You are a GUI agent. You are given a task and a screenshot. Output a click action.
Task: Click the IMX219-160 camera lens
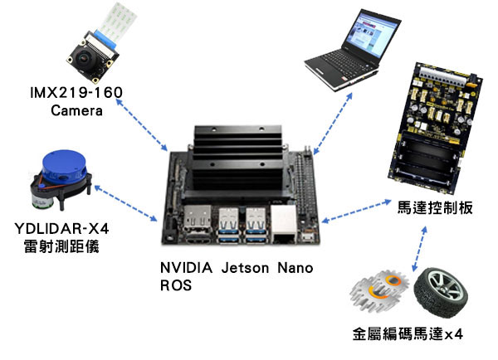tap(84, 57)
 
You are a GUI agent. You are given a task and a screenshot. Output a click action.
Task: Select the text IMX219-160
tap(76, 92)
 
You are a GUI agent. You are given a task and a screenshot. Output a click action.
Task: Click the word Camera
tap(76, 110)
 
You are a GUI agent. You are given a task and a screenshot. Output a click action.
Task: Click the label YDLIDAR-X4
tap(61, 228)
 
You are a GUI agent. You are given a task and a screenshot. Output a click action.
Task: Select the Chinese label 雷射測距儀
tap(61, 246)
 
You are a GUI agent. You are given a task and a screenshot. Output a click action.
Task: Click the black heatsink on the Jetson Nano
tap(238, 158)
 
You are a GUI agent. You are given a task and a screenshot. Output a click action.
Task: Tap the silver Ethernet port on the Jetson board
tap(283, 223)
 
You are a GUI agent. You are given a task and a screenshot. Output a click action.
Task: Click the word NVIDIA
tap(186, 268)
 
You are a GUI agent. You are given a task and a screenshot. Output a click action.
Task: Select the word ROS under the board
tap(176, 285)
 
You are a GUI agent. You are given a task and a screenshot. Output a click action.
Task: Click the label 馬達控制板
tap(435, 208)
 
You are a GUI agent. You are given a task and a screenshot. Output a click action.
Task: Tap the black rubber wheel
tap(441, 292)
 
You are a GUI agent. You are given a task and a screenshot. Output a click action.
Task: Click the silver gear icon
tap(378, 291)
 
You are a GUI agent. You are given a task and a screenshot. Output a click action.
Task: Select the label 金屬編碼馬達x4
tap(408, 334)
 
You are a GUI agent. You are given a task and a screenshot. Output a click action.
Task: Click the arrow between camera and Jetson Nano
tap(142, 124)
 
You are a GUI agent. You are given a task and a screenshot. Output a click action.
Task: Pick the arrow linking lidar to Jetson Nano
tap(126, 203)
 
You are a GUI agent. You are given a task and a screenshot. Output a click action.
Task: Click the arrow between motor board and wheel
tap(419, 249)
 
